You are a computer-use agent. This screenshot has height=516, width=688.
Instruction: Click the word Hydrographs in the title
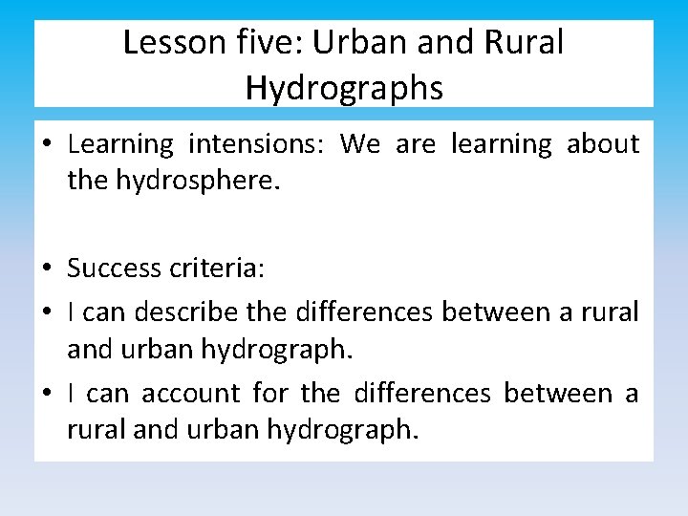pos(344,88)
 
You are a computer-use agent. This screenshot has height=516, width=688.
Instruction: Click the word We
pos(360,144)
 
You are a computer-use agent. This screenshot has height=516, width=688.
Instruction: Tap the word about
pos(603,144)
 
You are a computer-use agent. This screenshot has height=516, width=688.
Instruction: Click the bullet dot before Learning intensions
pos(47,145)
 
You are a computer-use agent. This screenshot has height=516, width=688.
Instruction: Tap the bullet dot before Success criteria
pos(47,269)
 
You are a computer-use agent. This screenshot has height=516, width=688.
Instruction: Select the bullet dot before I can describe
pos(47,312)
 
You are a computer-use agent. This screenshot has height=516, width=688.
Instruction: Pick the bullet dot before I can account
pos(47,394)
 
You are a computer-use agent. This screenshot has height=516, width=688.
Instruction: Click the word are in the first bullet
pos(415,144)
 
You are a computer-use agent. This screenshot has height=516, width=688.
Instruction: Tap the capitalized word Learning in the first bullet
pos(120,144)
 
